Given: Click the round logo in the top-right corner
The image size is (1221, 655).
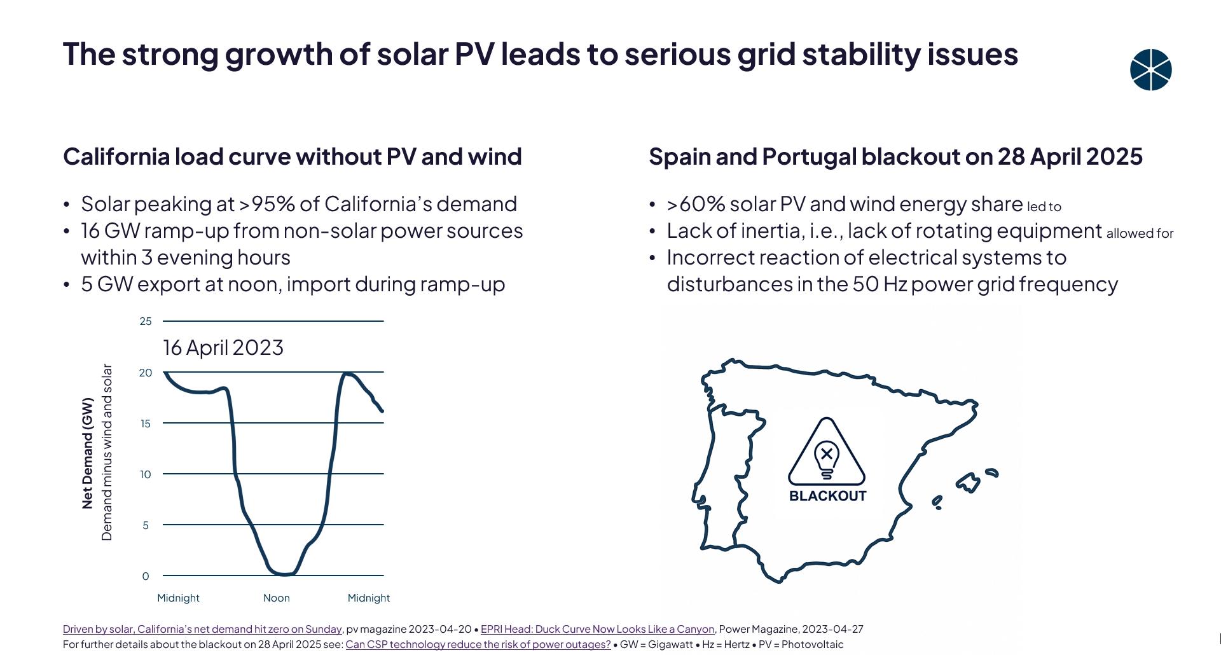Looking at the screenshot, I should pyautogui.click(x=1150, y=70).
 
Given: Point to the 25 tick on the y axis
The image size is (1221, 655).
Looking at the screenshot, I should pyautogui.click(x=146, y=322).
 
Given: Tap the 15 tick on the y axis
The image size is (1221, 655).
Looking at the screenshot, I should pyautogui.click(x=146, y=424).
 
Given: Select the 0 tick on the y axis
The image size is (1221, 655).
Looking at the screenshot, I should pyautogui.click(x=146, y=576).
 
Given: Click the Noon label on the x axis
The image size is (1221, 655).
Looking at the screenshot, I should pyautogui.click(x=277, y=598).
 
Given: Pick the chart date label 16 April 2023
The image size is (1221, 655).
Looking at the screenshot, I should pyautogui.click(x=223, y=348).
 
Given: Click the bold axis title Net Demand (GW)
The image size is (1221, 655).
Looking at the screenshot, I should pyautogui.click(x=88, y=453).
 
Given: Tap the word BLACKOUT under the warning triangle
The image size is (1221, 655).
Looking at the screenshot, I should pyautogui.click(x=827, y=496).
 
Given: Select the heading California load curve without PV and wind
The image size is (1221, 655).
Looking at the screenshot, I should pyautogui.click(x=293, y=157).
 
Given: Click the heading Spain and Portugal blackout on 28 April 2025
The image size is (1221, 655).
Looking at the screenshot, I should pyautogui.click(x=895, y=157).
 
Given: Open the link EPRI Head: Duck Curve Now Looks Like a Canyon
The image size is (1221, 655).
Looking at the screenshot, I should pyautogui.click(x=597, y=629).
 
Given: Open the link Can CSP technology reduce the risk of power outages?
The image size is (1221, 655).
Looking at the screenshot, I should pyautogui.click(x=478, y=644).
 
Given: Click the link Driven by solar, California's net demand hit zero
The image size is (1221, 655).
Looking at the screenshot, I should pyautogui.click(x=202, y=629).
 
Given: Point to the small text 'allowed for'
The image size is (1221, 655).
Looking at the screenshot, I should pyautogui.click(x=1140, y=233).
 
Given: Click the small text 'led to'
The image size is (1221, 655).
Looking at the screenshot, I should pyautogui.click(x=1044, y=207).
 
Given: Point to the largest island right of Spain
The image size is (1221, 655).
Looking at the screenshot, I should pyautogui.click(x=970, y=482).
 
